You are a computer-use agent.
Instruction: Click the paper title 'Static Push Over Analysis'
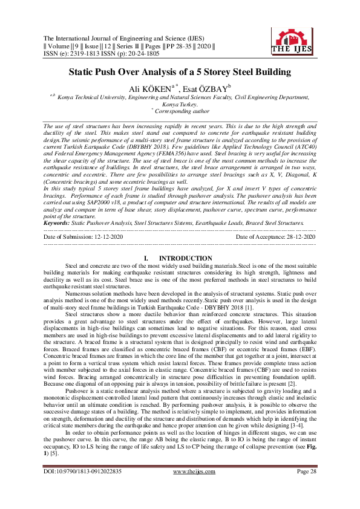180,73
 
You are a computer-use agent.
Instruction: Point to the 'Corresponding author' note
180,111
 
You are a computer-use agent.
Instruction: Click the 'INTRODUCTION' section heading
184,258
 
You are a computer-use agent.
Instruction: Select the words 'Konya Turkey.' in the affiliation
180,104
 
